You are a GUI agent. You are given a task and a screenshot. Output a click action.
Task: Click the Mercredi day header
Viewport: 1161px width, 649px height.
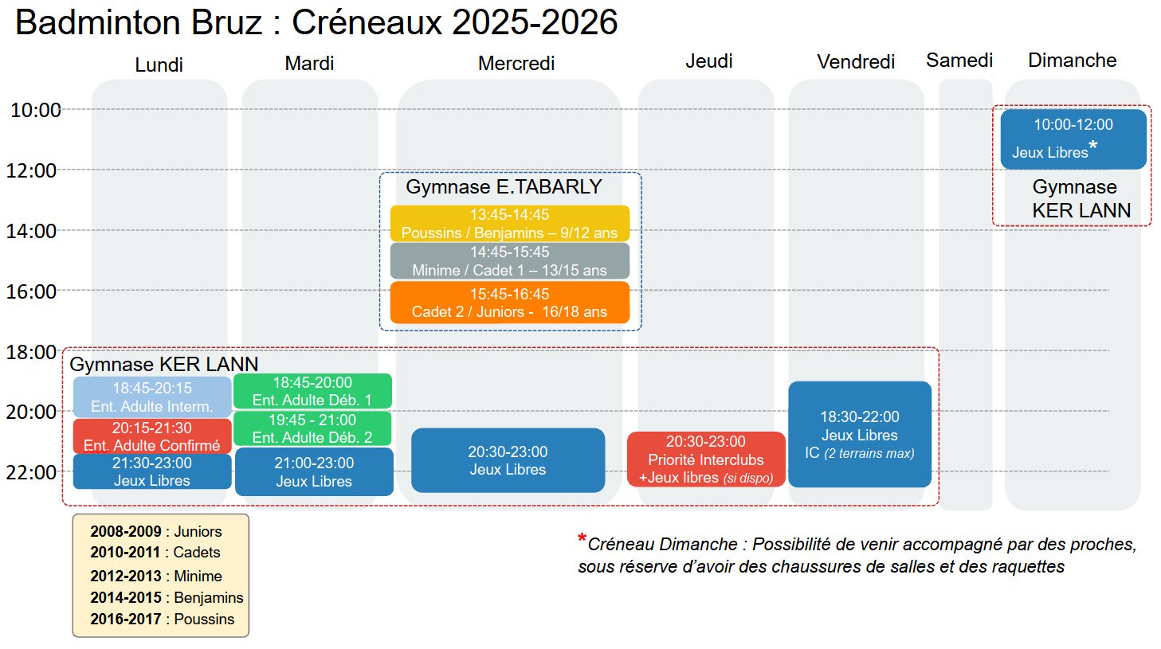pos(516,64)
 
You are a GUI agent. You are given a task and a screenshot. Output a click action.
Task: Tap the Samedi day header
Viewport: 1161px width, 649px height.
pos(959,61)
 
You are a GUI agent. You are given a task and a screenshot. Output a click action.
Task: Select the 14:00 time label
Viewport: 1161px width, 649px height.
pos(32,231)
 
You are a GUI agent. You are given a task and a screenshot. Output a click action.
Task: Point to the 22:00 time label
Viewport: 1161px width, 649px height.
pos(32,472)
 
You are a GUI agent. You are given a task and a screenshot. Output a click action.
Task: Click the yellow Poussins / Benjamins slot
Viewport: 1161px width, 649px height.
pos(510,224)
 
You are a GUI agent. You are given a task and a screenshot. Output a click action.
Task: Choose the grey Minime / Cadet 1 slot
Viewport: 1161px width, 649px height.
pos(510,261)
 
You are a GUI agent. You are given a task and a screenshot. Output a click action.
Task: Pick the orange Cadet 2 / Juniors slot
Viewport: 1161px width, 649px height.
pos(510,303)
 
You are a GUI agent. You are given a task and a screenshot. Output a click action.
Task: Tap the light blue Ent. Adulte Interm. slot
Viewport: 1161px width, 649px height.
pos(152,397)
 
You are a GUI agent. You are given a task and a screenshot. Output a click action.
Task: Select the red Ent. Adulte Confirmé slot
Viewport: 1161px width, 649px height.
pos(152,436)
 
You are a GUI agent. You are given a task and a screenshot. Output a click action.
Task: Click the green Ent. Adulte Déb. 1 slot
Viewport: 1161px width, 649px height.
pos(312,391)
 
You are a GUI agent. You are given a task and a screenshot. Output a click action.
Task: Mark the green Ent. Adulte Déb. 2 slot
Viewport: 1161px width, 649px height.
pos(312,428)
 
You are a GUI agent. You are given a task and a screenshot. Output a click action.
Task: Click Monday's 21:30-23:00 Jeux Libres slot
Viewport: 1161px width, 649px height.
pos(152,471)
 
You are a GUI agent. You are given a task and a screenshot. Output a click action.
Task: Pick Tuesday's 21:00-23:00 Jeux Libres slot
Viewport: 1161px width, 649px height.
pos(314,471)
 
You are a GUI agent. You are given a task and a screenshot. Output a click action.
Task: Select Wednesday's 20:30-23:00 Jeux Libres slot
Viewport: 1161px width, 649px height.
pos(508,460)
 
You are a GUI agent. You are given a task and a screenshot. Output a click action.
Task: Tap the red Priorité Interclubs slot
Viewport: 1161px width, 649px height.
pos(706,459)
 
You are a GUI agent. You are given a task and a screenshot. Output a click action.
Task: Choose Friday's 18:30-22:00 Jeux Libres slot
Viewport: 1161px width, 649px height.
pos(860,434)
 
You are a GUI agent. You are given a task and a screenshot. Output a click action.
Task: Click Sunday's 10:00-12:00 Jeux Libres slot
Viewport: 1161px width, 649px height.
pos(1073,139)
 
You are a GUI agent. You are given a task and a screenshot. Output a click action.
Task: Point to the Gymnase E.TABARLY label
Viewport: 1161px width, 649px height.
pos(504,187)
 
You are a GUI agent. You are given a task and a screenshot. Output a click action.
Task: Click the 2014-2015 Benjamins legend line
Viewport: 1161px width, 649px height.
pos(167,597)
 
